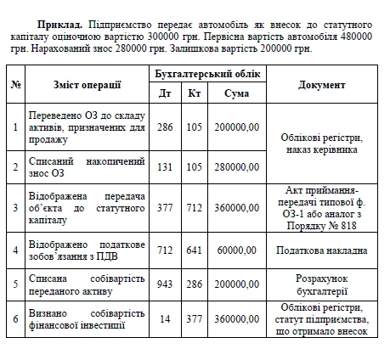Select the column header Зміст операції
86,85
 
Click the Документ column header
322,85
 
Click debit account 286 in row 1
164,127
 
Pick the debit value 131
164,167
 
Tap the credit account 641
195,250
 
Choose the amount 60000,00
238,250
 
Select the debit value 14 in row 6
164,319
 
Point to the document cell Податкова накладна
322,250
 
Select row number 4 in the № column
15,250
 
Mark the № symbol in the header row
15,85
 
